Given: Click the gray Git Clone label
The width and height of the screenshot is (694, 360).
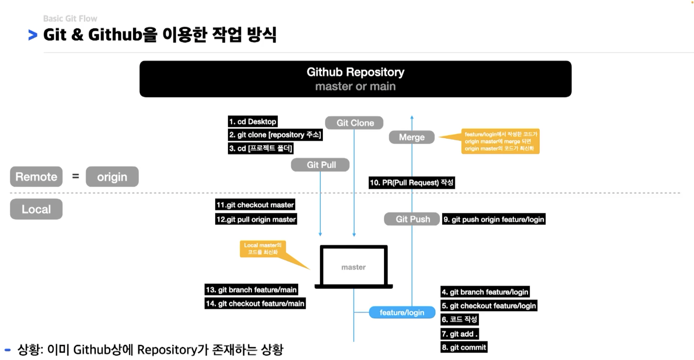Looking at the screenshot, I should tap(354, 123).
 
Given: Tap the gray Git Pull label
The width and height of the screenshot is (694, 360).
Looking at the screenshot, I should tap(320, 165).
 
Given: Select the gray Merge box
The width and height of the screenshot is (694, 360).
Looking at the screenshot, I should tap(412, 137).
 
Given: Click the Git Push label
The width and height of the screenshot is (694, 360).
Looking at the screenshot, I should tap(412, 219).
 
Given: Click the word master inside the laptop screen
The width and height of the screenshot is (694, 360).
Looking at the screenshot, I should tap(354, 267).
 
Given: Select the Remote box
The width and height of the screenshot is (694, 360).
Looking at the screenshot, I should tap(36, 177).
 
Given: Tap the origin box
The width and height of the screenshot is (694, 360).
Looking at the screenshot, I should tap(112, 177).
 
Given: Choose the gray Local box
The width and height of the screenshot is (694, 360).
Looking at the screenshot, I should tap(36, 209).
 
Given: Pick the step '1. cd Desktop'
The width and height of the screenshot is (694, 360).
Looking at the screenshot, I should tap(253, 122).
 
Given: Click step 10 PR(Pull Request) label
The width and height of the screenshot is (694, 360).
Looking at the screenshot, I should tap(412, 183).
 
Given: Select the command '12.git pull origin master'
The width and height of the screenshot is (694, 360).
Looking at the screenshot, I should tap(256, 219).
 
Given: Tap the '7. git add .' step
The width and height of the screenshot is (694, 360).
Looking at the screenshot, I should tap(460, 334).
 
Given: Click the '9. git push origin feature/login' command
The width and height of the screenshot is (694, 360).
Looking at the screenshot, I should tap(493, 219).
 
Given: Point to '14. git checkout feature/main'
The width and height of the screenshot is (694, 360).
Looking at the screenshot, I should tap(255, 304).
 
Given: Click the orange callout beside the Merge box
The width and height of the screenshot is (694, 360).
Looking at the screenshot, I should tap(500, 141).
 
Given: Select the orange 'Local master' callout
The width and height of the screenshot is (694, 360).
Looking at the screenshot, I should tap(263, 249).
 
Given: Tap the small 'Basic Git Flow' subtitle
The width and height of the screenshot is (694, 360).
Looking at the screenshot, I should tap(70, 19).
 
